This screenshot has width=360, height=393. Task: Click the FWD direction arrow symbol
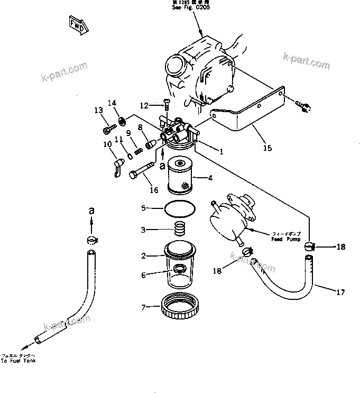(x=76, y=24)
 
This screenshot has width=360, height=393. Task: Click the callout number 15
(x=267, y=148)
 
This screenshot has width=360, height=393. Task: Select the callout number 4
(x=210, y=178)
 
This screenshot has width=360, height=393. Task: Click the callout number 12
(x=144, y=105)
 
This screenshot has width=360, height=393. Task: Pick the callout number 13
(x=98, y=110)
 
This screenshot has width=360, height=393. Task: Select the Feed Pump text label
(x=285, y=236)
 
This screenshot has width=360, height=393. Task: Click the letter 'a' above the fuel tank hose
(x=91, y=211)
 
